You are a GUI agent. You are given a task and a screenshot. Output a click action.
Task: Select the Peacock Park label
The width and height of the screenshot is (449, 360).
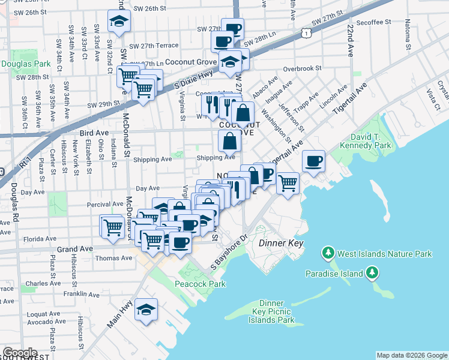pos(195,283)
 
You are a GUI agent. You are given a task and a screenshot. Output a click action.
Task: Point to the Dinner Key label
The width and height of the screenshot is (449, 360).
pos(281,244)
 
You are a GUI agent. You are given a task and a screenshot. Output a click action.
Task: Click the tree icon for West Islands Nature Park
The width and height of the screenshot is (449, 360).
pos(328,254)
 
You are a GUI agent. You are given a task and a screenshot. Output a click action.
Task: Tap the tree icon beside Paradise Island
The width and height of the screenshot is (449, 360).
pos(373,274)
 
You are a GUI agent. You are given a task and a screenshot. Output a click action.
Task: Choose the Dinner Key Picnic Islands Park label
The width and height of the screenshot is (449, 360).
pos(272,311)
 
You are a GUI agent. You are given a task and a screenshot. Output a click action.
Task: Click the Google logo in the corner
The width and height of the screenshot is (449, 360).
pos(20,353)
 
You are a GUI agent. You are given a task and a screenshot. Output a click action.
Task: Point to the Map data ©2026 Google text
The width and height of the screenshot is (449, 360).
pos(411,355)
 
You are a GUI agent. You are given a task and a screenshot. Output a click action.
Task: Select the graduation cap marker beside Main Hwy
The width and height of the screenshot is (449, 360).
pos(146,310)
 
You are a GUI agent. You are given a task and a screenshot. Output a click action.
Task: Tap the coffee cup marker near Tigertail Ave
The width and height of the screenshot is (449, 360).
pos(314,161)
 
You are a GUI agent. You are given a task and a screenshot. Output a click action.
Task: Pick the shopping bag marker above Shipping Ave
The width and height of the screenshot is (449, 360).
pos(230,142)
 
